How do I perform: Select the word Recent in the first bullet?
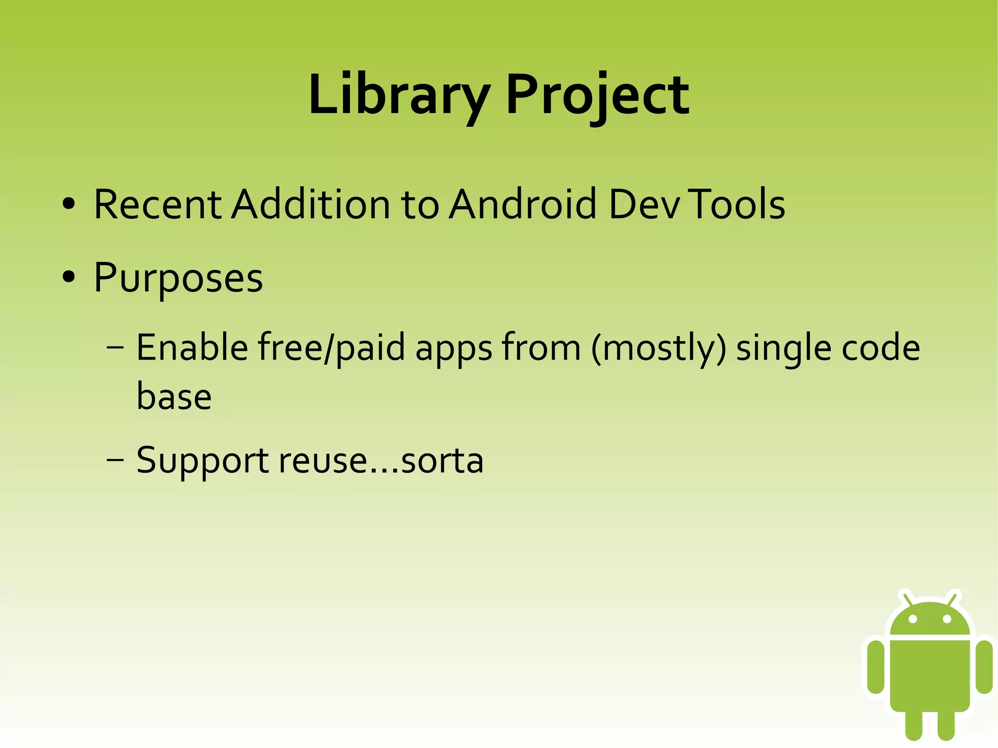pos(157,204)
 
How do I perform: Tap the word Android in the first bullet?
pos(522,204)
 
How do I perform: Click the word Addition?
pos(310,204)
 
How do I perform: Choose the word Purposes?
pos(178,278)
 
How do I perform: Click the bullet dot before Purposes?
pos(69,277)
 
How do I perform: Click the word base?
pos(174,397)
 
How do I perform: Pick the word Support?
pos(202,460)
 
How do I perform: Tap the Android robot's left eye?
pos(913,619)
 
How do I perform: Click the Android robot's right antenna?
pos(952,598)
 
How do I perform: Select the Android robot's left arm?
pos(876,666)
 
